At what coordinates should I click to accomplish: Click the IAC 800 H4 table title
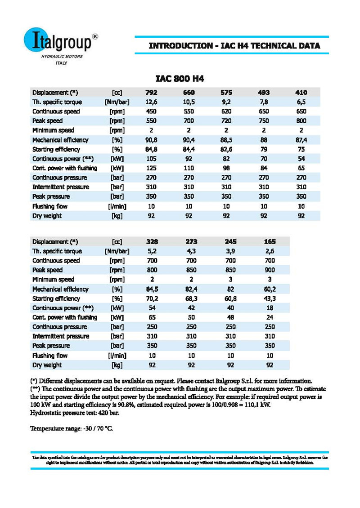pos(180,79)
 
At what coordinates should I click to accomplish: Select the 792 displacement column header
pos(151,93)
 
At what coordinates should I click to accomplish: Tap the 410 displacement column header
pos(301,93)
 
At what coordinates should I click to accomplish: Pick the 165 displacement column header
pos(270,242)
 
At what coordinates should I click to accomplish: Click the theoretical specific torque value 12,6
pos(151,102)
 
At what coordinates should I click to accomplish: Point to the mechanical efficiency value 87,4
pos(301,140)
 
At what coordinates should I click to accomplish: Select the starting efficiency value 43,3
pos(270,299)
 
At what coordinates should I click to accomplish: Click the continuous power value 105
pos(151,159)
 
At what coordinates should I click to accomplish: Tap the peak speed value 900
pos(270,270)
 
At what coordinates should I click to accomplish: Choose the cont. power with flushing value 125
pos(151,168)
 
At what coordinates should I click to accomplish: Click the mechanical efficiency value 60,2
pos(270,289)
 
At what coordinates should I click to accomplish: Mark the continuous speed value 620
pos(226,111)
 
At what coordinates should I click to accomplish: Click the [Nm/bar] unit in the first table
pos(117,102)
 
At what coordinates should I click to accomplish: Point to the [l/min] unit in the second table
pos(117,355)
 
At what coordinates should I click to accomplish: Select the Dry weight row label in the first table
pos(47,215)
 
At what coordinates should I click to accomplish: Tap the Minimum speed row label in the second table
pos(53,280)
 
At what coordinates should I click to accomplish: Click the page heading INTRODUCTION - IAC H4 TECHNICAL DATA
pos(234,46)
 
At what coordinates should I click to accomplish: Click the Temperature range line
pos(72,428)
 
